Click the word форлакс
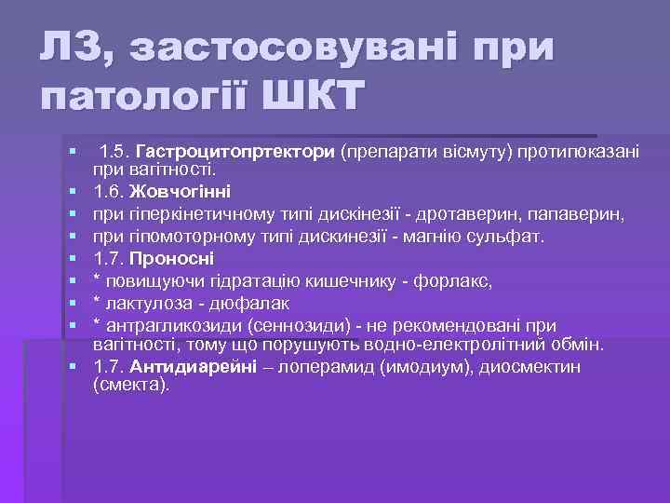457,280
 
